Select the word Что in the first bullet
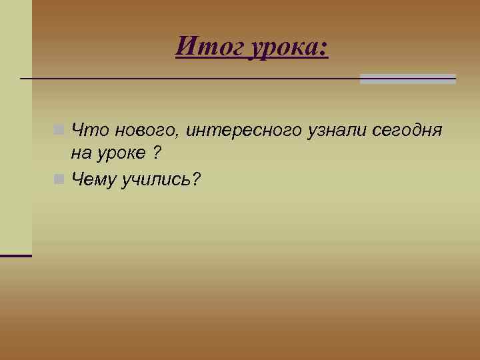86,129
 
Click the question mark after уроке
155,153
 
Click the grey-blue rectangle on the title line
407,79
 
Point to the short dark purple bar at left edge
15,255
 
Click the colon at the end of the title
325,49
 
